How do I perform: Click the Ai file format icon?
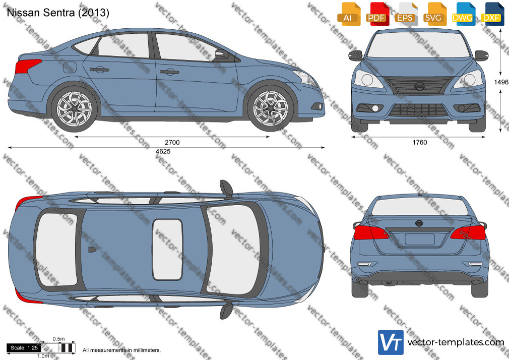click(349, 14)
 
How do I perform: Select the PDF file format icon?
click(377, 14)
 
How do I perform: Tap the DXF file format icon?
click(492, 14)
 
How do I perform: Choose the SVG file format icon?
click(435, 14)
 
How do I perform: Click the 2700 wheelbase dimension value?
click(172, 142)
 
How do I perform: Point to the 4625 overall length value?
click(163, 151)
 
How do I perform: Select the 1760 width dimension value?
click(420, 142)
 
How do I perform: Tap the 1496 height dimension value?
click(501, 82)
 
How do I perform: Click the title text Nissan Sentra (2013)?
click(58, 13)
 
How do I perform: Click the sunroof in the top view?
click(167, 250)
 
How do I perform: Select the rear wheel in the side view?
click(75, 109)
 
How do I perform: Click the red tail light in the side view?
click(27, 67)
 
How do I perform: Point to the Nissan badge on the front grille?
click(419, 86)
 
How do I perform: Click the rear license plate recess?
click(419, 239)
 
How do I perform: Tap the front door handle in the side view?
click(169, 72)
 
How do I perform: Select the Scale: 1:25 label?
click(24, 348)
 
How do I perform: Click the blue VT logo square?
click(391, 342)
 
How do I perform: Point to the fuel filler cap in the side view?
click(70, 67)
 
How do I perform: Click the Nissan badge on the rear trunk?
click(419, 223)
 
